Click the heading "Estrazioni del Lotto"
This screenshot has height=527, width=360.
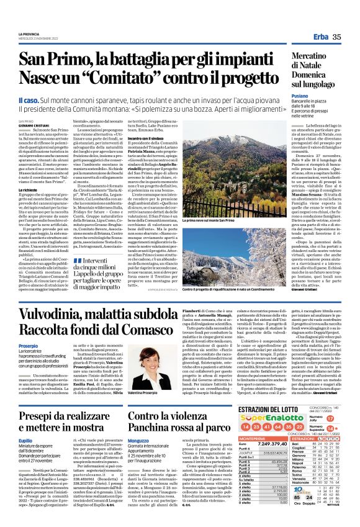[x=273, y=410]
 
